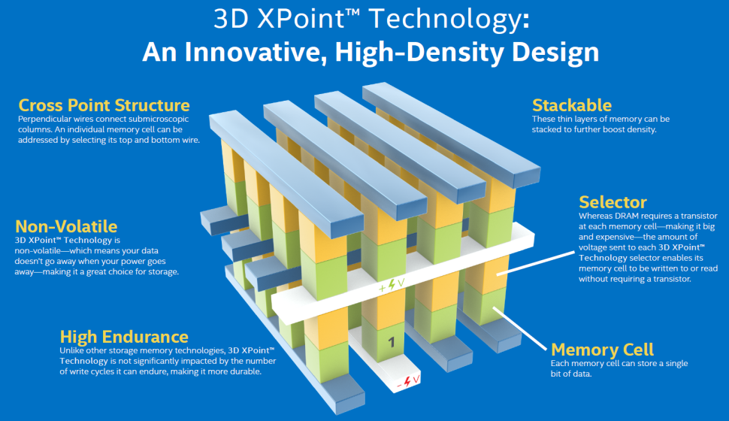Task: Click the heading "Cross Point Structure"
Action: [x=104, y=105]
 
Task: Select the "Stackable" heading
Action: [x=572, y=105]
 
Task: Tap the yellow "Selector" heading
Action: [x=613, y=202]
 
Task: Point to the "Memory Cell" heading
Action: [x=602, y=350]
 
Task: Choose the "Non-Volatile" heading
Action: [x=66, y=226]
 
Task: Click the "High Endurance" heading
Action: [x=124, y=337]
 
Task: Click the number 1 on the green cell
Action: [x=392, y=342]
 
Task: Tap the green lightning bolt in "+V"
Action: [x=392, y=284]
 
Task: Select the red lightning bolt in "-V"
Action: [x=407, y=381]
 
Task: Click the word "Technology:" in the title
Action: [x=449, y=20]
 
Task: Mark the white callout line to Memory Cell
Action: [x=520, y=329]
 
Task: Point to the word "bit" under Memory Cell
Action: [x=557, y=374]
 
